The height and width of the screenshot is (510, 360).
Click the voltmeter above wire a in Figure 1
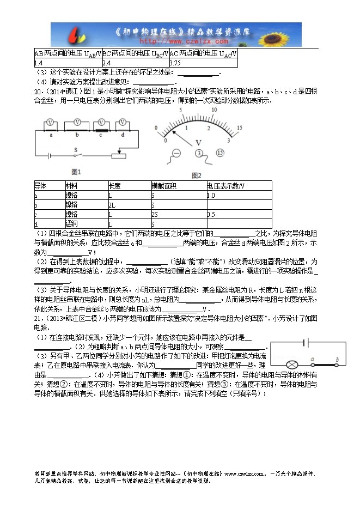coord(50,122)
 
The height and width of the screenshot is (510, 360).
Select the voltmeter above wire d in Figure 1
coord(123,122)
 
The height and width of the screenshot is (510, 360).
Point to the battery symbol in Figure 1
coord(51,156)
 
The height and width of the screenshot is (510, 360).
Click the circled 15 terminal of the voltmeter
coord(220,153)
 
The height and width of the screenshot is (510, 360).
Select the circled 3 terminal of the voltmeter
coord(199,153)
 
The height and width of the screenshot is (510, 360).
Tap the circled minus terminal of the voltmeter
coord(175,153)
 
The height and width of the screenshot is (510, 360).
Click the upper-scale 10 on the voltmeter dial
coord(214,109)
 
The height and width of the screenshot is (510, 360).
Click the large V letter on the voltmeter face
coord(198,142)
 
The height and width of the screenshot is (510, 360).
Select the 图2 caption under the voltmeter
coord(197,175)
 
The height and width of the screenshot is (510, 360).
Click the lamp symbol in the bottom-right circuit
coord(291,364)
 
